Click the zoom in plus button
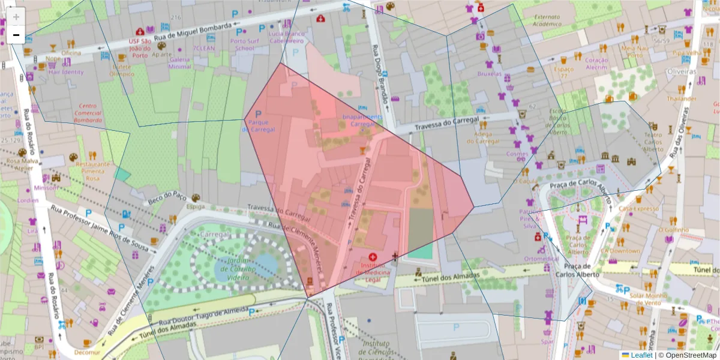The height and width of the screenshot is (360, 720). point(16,16)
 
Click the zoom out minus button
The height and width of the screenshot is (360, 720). point(16,35)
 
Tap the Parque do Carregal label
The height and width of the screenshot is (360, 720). point(259,125)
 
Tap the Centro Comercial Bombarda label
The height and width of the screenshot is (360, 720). point(88,113)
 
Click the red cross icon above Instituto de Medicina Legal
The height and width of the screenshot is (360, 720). point(373,257)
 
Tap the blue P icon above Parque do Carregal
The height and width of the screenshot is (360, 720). point(259,113)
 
